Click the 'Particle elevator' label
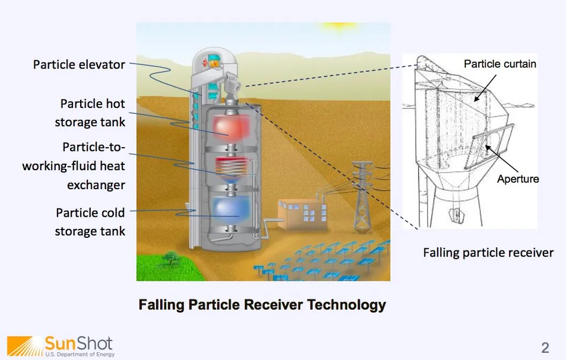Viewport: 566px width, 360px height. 79,65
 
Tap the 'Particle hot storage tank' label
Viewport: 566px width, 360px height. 90,113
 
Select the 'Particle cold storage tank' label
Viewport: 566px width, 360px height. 90,222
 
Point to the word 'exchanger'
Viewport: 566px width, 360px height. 96,185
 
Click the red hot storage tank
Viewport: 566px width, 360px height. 231,127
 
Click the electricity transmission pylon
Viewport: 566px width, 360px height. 363,196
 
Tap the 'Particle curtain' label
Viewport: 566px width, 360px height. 500,64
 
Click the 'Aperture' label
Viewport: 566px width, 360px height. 518,179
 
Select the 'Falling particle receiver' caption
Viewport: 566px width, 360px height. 488,253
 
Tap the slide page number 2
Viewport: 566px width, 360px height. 545,348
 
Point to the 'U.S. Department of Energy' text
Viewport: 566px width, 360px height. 80,354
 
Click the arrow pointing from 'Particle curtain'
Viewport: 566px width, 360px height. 485,88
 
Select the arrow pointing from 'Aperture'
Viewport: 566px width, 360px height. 502,159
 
